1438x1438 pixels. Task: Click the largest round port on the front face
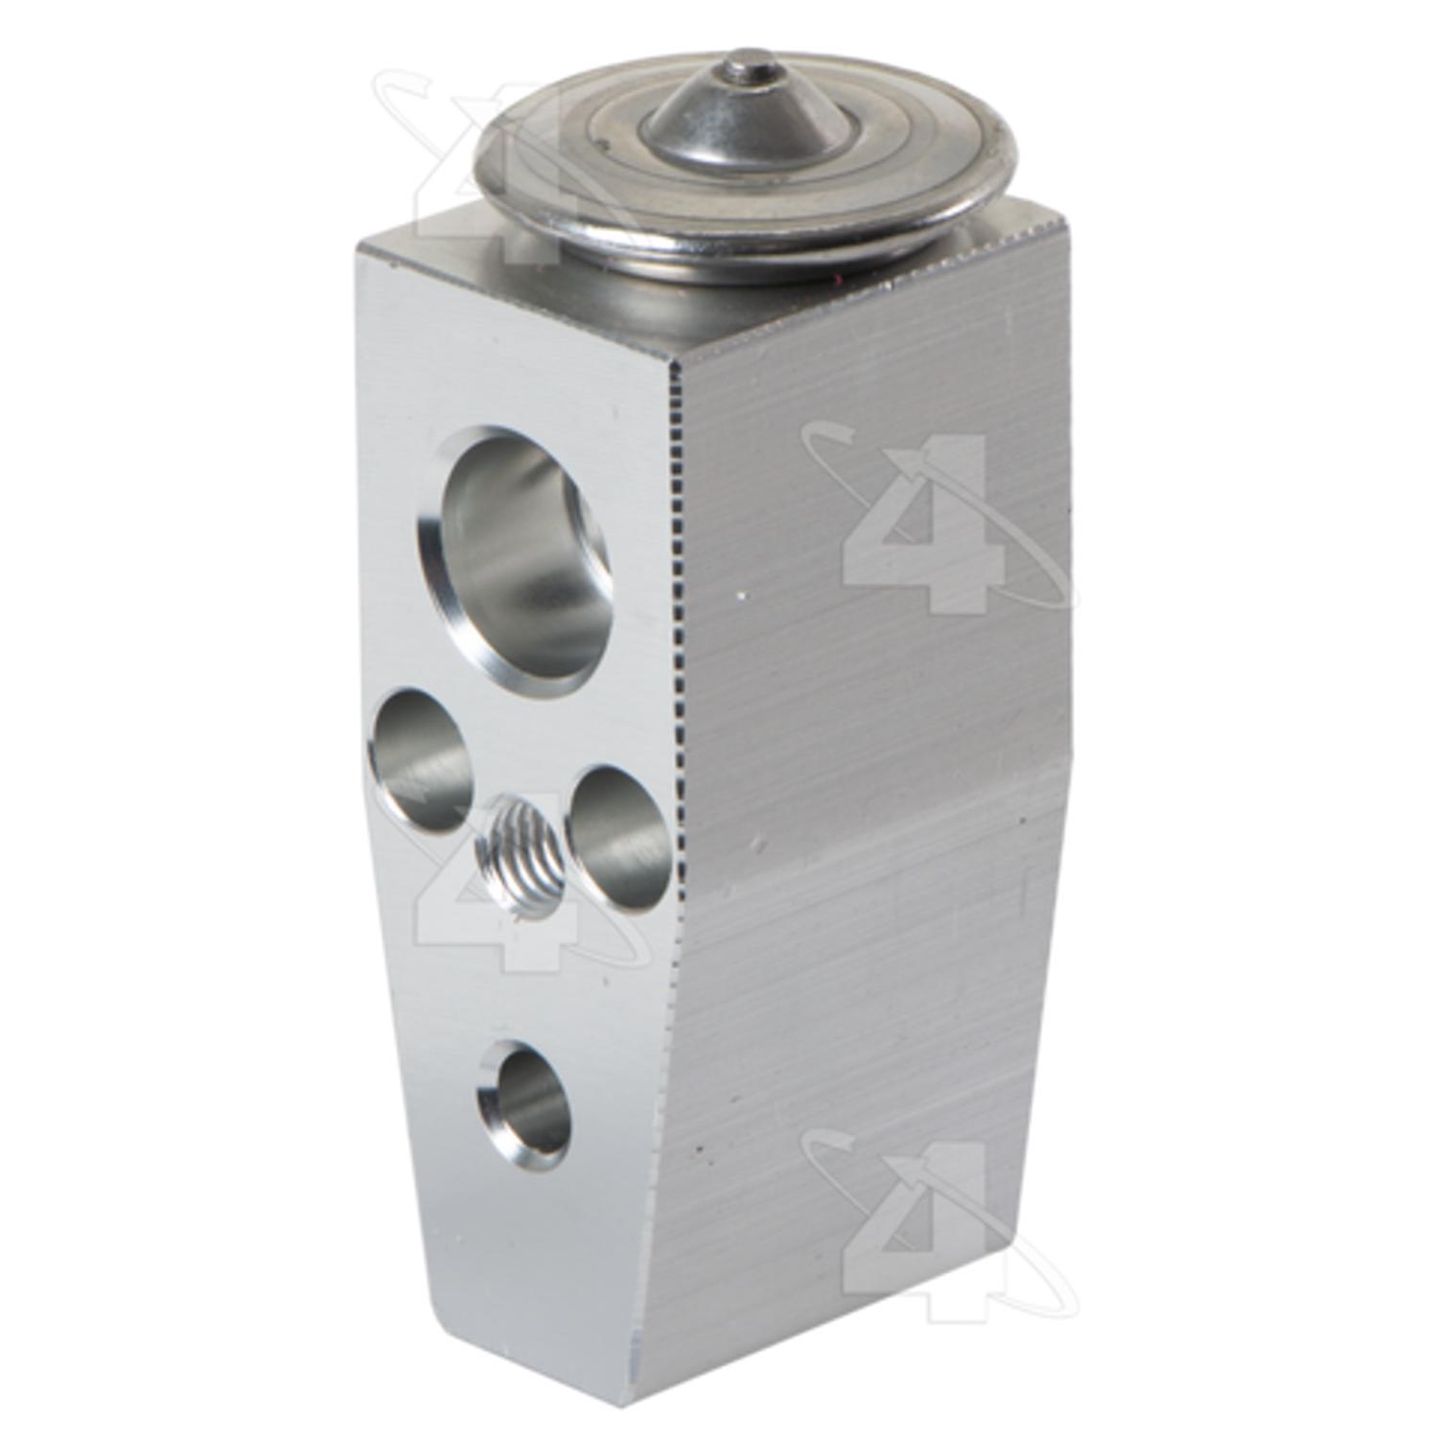coord(516,561)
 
